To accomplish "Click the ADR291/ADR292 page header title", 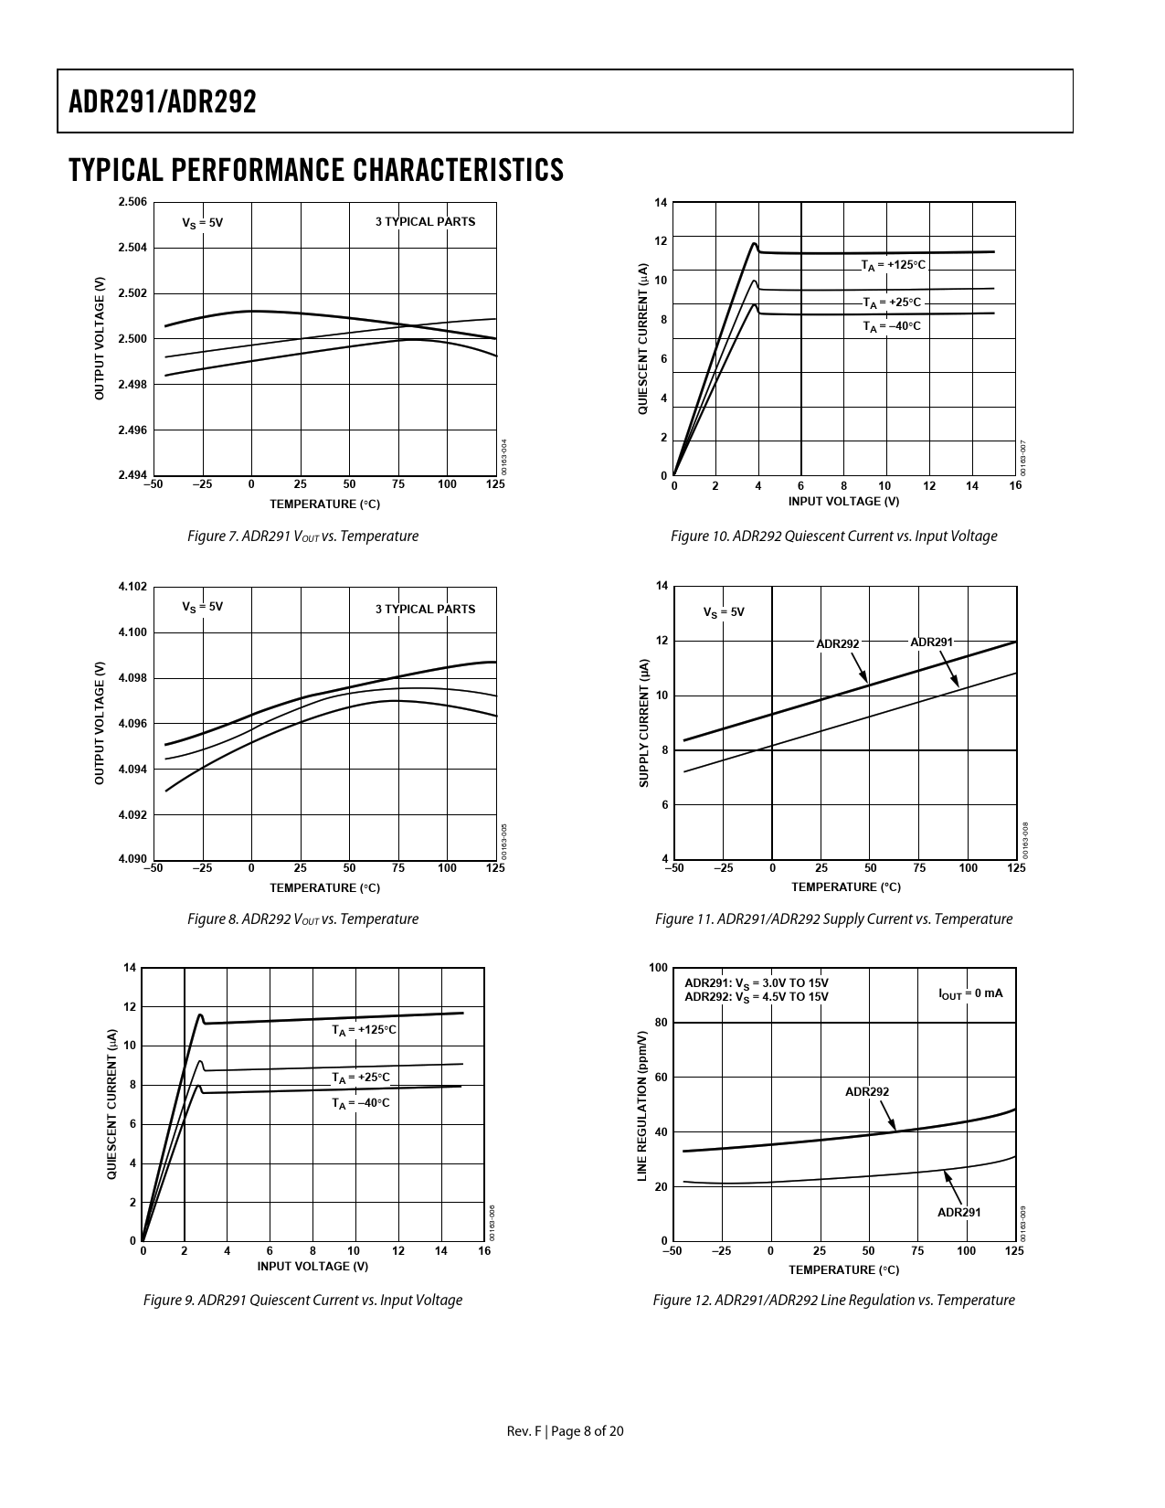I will pos(163,102).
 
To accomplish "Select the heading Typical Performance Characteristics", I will pos(316,170).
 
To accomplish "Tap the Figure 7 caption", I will pos(302,536).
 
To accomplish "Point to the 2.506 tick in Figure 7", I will pos(132,202).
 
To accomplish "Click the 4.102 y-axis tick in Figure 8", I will pos(132,587).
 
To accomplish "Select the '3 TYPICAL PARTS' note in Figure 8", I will pos(425,610).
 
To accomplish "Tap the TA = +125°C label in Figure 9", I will pos(364,1030).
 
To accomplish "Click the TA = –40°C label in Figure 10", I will pos(892,326).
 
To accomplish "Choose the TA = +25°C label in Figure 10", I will pos(893,303).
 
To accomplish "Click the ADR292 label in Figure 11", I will pos(838,643).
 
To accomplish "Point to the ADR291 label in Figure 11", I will pos(931,642).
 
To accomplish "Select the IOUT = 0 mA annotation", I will pos(970,993).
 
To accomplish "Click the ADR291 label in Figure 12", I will pos(959,1213).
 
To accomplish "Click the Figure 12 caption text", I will pos(833,1301).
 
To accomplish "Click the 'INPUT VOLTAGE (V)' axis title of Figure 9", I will pos(312,1266).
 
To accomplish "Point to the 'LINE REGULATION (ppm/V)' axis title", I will pos(642,1104).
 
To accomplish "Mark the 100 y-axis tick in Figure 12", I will pos(657,968).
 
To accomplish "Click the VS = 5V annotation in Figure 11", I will pos(724,612).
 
